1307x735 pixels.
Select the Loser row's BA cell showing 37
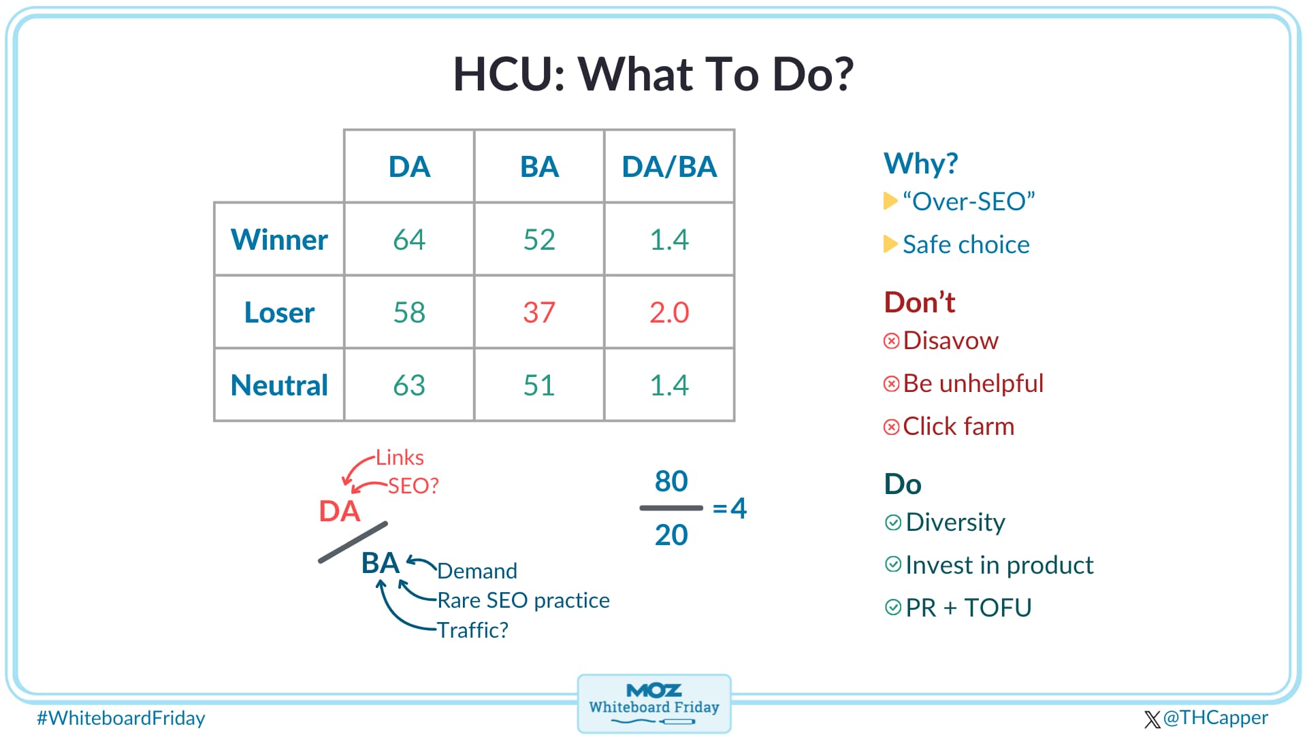pyautogui.click(x=538, y=312)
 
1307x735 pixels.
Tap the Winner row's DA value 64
pyautogui.click(x=409, y=240)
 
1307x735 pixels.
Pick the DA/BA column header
pyautogui.click(x=669, y=167)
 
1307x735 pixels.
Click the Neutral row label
pyautogui.click(x=279, y=385)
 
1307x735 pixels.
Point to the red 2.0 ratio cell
pyautogui.click(x=669, y=312)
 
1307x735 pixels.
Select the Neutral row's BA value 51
pyautogui.click(x=538, y=385)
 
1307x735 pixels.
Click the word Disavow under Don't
pyautogui.click(x=950, y=340)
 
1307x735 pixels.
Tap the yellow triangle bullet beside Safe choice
pyautogui.click(x=890, y=244)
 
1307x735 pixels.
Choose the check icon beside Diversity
pyautogui.click(x=892, y=522)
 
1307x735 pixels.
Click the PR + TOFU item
pyautogui.click(x=968, y=608)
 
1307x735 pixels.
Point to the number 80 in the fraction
pyautogui.click(x=671, y=481)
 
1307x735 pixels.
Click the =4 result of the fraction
pyautogui.click(x=730, y=508)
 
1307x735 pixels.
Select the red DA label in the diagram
pyautogui.click(x=339, y=511)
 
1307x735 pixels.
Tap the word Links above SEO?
pyautogui.click(x=400, y=457)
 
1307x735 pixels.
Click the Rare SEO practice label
pyautogui.click(x=523, y=600)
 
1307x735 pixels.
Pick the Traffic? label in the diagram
pyautogui.click(x=472, y=630)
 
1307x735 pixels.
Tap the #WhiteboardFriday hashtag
pyautogui.click(x=121, y=718)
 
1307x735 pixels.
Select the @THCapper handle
pyautogui.click(x=1215, y=717)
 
